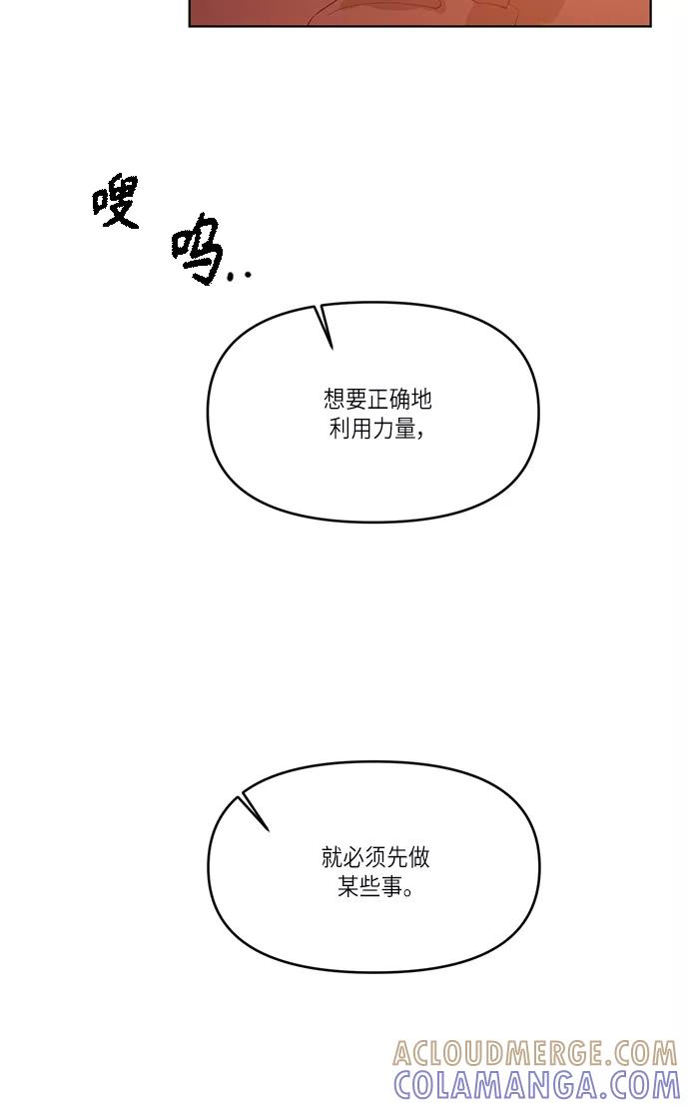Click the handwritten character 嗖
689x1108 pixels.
(116, 202)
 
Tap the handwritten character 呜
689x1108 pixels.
(196, 249)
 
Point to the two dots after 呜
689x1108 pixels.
(240, 275)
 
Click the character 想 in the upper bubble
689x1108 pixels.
(334, 400)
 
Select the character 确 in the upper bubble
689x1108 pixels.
(398, 400)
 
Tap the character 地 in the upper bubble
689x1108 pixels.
(420, 400)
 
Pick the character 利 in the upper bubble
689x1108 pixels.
(341, 429)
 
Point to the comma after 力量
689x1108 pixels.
(421, 435)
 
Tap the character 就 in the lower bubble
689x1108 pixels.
(333, 857)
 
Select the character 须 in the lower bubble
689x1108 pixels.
(375, 857)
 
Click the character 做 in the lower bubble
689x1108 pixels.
(418, 857)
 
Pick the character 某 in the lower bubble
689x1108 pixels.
(348, 886)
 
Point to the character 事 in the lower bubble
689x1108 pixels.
(391, 886)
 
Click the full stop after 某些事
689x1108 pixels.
(408, 892)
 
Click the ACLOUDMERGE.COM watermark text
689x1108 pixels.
(535, 1054)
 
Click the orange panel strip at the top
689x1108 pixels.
(419, 13)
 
